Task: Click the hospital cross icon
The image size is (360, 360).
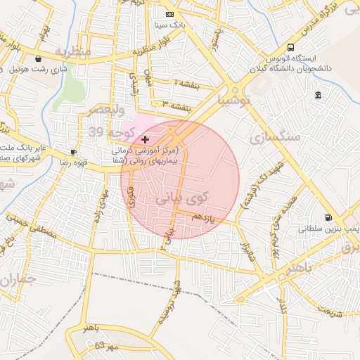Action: pos(146,140)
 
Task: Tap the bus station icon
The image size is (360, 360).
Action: pos(291,48)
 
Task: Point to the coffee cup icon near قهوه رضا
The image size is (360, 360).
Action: pos(74,152)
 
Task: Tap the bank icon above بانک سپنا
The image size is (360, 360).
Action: pos(169,14)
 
